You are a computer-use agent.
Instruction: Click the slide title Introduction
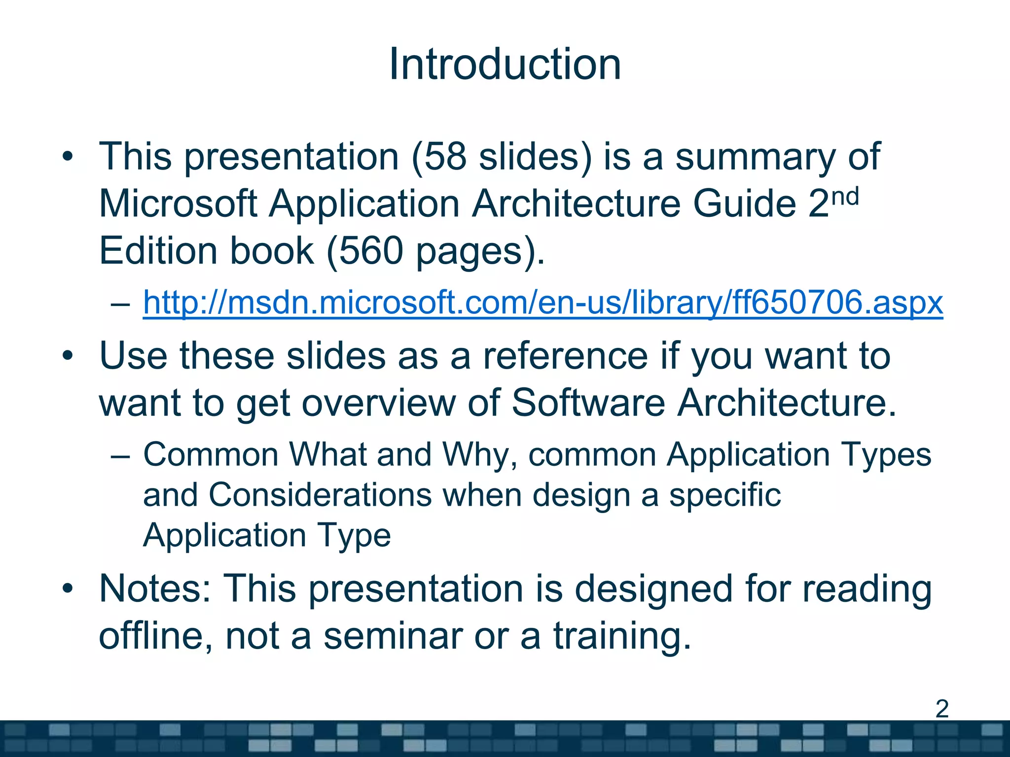[505, 65]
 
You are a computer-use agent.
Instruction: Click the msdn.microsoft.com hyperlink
[542, 302]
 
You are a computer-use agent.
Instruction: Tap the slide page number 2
[941, 709]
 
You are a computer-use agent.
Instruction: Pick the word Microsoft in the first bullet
[178, 204]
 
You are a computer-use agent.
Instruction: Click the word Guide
[745, 204]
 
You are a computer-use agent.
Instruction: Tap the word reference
[565, 356]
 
